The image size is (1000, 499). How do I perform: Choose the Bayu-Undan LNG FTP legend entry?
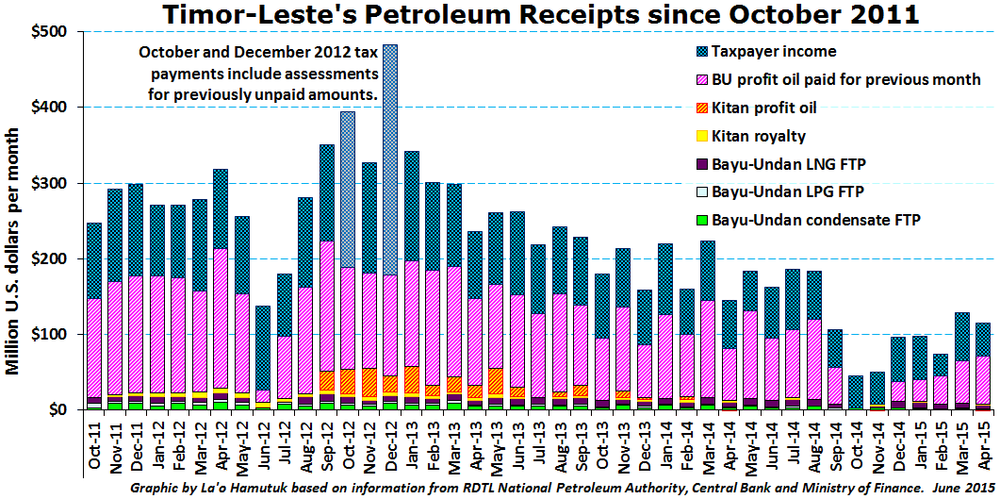pos(789,164)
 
